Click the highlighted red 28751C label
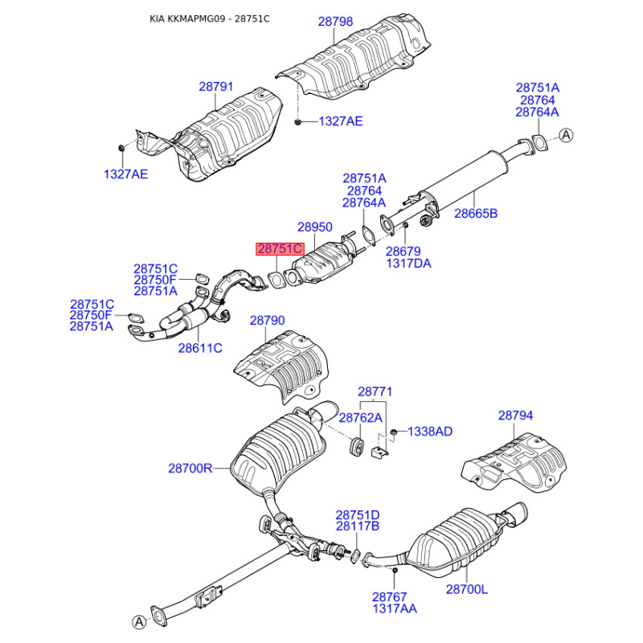[280, 249]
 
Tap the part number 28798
[335, 22]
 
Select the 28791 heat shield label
[215, 87]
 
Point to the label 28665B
[476, 213]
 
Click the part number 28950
[315, 227]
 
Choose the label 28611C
[200, 348]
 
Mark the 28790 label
[268, 320]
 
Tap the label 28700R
[190, 468]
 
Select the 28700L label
[467, 589]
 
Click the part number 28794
[515, 416]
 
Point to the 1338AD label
[430, 432]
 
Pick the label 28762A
[360, 418]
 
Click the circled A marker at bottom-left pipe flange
[139, 621]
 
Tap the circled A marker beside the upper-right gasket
[567, 135]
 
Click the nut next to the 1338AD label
[393, 432]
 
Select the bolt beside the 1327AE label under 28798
[298, 121]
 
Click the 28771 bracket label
[375, 391]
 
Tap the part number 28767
[390, 596]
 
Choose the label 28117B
[358, 526]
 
